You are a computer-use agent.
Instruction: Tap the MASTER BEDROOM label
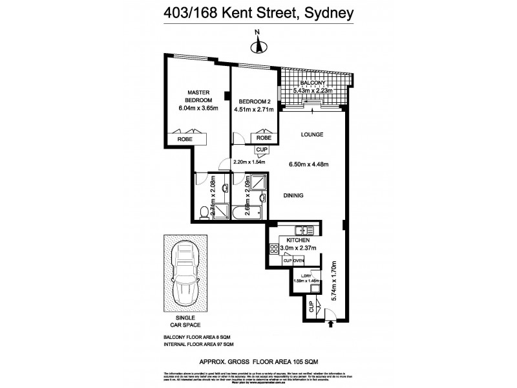(199, 96)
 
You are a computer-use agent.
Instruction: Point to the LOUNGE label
(311, 135)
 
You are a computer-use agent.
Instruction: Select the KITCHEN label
(290, 240)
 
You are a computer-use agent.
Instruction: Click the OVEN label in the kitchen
(299, 261)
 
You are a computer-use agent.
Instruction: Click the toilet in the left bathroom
(204, 210)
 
